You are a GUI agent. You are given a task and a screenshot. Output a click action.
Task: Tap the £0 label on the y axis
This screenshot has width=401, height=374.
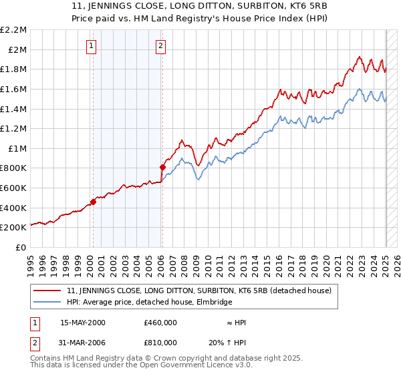coord(21,247)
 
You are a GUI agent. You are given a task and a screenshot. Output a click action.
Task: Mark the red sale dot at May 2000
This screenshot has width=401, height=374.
coord(94,202)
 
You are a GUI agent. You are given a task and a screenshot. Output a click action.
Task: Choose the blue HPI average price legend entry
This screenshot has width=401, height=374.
coord(149,302)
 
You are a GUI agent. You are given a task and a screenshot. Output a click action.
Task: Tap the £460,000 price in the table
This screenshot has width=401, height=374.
coord(160,323)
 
